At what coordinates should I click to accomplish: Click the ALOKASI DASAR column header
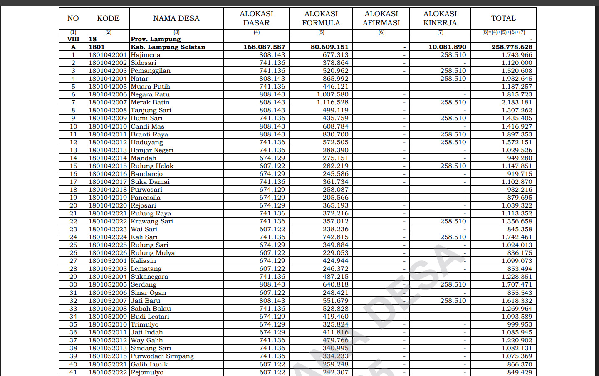point(256,18)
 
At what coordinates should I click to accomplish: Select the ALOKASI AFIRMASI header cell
point(381,18)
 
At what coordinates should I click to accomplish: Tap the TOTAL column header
point(503,18)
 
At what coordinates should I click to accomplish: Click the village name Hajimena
point(146,55)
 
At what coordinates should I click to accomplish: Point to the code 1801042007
point(108,102)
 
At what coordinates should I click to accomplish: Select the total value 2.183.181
point(517,102)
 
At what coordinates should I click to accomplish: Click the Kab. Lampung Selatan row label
point(168,47)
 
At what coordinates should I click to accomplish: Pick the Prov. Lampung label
point(156,39)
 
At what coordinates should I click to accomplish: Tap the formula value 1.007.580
point(332,94)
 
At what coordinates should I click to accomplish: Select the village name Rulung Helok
point(152,166)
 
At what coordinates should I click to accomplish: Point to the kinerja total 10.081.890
point(447,47)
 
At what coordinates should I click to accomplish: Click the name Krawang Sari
point(152,221)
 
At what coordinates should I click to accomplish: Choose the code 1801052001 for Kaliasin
point(108,261)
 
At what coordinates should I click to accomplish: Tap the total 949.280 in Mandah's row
point(520,158)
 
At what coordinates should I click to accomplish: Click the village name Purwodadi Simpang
point(162,356)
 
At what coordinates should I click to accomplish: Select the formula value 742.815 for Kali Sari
point(335,237)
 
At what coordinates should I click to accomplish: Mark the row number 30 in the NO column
point(73,284)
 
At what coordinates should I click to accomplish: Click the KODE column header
point(108,18)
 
